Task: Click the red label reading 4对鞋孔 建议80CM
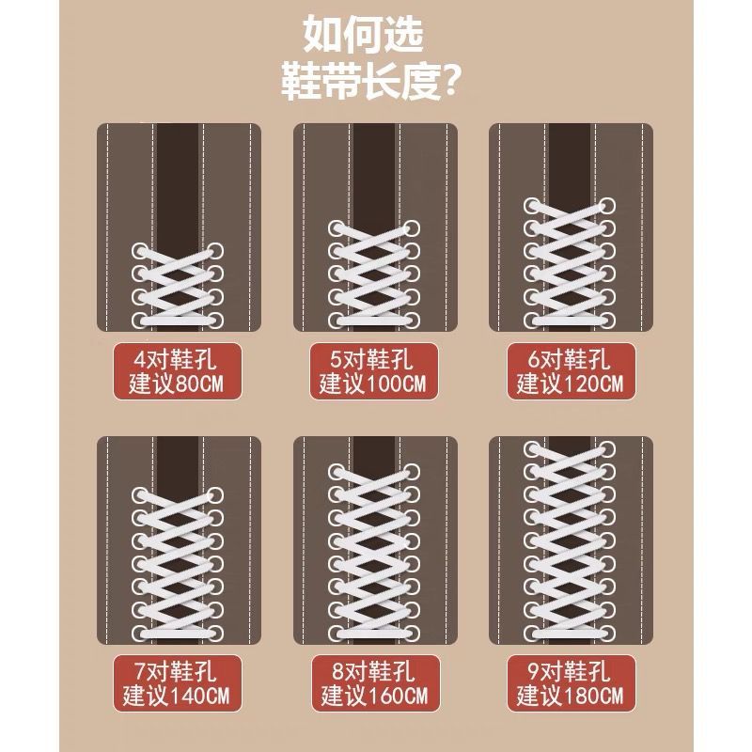[178, 371]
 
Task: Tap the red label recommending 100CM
[374, 371]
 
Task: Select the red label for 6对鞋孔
[572, 371]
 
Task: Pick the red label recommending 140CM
[178, 683]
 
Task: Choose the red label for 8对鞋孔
[375, 683]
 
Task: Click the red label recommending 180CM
[572, 683]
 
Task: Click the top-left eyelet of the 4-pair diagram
[140, 251]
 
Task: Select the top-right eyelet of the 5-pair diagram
[412, 228]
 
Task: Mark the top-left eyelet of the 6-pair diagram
[532, 206]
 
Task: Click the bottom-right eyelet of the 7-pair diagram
[215, 633]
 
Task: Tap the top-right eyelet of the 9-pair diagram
[607, 449]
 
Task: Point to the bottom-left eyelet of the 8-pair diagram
[337, 633]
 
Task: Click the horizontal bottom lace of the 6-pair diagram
[570, 320]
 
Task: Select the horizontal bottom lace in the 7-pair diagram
[178, 633]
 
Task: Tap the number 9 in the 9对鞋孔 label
[533, 671]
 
